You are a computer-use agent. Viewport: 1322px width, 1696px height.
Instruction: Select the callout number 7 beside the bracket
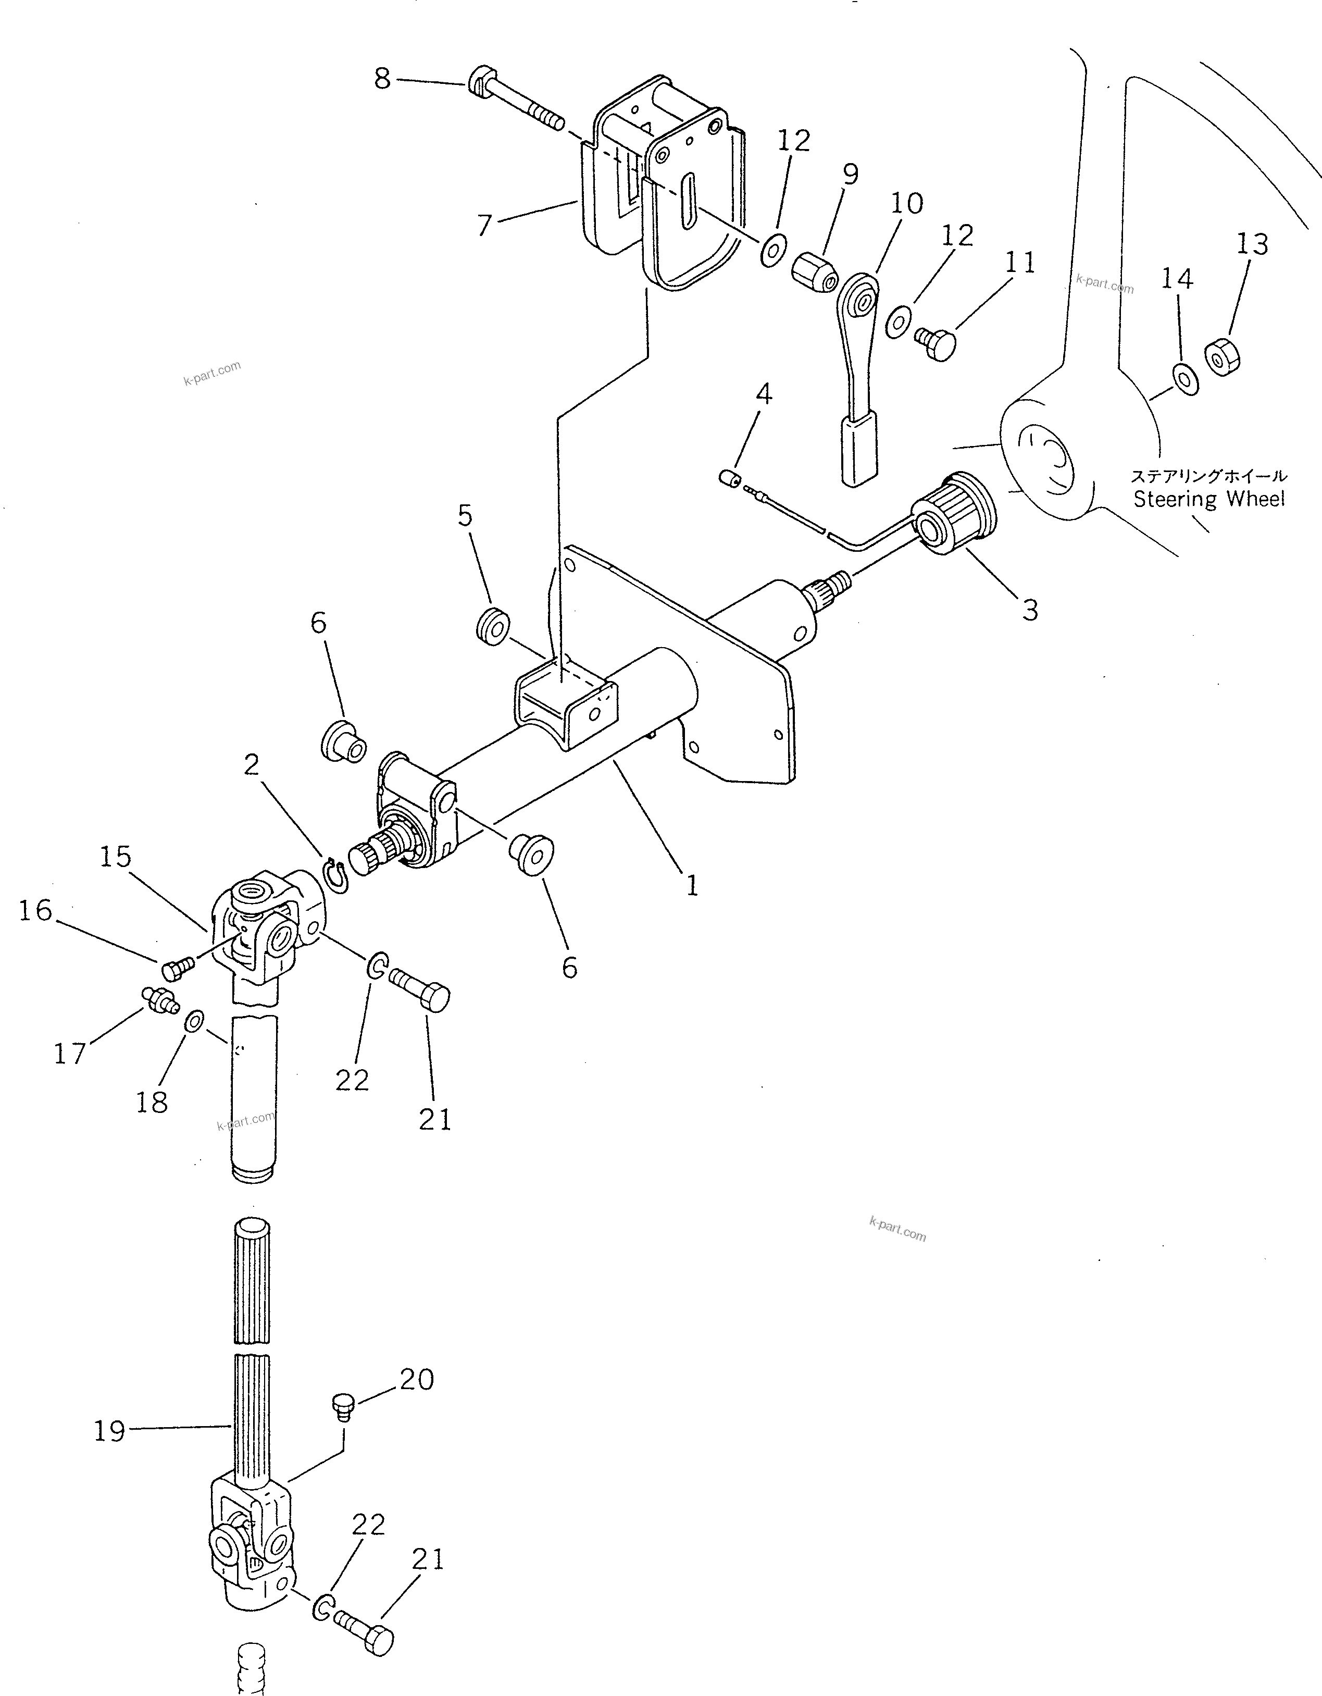pyautogui.click(x=484, y=225)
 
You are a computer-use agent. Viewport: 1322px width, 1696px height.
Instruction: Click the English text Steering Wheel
pyautogui.click(x=1208, y=499)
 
